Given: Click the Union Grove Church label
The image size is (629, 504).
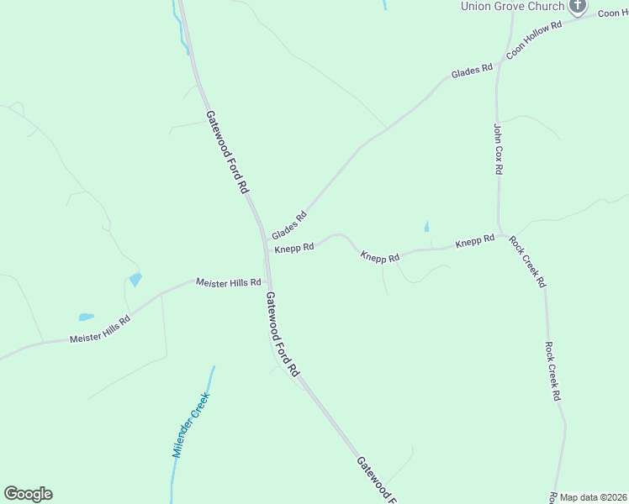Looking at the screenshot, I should click(x=512, y=6).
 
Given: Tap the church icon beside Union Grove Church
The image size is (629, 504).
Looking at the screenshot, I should click(x=577, y=6).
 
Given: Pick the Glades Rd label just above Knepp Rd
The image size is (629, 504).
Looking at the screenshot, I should click(x=289, y=224).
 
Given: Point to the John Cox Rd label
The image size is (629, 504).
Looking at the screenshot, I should click(x=498, y=149).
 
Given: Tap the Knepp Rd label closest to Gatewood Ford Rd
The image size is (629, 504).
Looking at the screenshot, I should click(x=294, y=247).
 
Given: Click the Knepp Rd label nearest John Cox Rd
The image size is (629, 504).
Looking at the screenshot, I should click(x=475, y=242).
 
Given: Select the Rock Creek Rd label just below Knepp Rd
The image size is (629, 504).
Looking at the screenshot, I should click(x=528, y=261).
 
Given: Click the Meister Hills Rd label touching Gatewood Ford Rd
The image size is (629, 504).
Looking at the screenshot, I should click(x=228, y=283).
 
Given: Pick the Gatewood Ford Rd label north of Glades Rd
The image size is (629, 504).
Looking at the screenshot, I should click(x=228, y=151).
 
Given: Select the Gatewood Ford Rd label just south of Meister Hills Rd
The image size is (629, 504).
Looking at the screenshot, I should click(x=283, y=333).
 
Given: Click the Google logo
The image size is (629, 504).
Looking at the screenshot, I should click(x=28, y=494).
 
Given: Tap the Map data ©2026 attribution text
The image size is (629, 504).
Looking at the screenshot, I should click(x=594, y=497).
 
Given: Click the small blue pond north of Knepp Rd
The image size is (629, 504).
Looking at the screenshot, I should click(x=426, y=226).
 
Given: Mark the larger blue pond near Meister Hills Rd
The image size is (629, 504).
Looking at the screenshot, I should click(x=135, y=279).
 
